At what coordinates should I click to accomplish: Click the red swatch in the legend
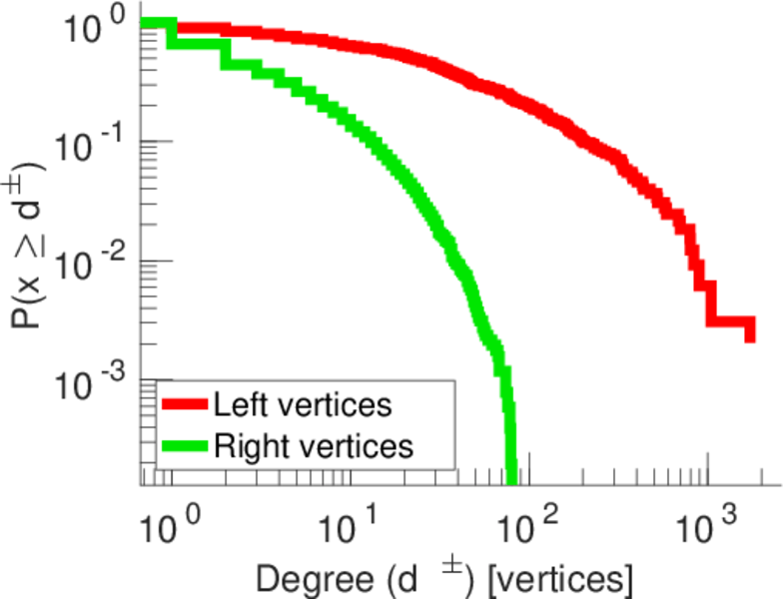click(x=185, y=405)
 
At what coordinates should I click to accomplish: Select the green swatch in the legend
click(x=185, y=445)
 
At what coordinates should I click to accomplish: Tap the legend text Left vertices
click(x=302, y=405)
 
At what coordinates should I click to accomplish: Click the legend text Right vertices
click(x=313, y=445)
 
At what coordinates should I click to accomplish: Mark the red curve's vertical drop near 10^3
click(x=710, y=299)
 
